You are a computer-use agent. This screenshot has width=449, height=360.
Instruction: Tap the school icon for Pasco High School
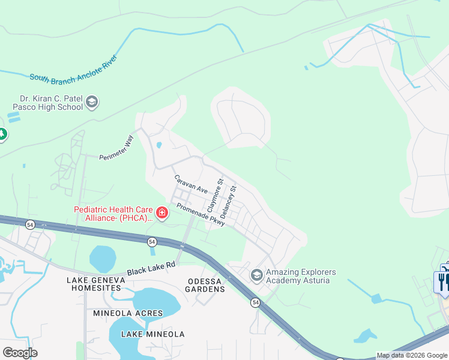92,102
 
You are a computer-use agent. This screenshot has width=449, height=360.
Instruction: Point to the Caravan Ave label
190,184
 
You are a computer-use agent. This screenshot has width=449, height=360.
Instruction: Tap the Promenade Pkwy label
200,214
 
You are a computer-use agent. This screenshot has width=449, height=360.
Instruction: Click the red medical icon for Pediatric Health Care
161,212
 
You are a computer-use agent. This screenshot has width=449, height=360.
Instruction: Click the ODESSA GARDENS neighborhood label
197,285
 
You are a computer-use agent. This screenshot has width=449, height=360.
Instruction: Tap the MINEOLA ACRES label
128,313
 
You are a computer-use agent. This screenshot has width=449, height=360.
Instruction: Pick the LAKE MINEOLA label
152,334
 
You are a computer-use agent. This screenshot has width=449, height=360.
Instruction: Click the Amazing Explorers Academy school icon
257,275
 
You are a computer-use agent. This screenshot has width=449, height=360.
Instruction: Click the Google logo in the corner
20,352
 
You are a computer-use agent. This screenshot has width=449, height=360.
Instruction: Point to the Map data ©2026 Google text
411,355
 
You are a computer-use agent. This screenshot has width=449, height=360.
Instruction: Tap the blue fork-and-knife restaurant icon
443,281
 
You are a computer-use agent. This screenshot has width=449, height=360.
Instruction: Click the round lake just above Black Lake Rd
103,259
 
